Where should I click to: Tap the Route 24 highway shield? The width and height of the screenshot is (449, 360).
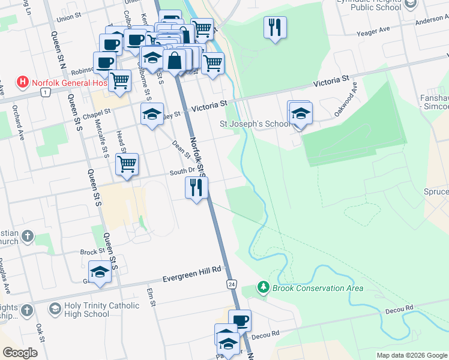pyautogui.click(x=231, y=283)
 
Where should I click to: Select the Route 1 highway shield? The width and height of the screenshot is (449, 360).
pyautogui.click(x=45, y=92)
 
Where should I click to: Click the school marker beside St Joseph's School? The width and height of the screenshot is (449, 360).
pyautogui.click(x=301, y=112)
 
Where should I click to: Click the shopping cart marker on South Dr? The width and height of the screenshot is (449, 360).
pyautogui.click(x=127, y=164)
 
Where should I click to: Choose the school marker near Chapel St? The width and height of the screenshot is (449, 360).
pyautogui.click(x=152, y=113)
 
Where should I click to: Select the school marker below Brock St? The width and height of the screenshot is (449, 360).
pyautogui.click(x=100, y=272)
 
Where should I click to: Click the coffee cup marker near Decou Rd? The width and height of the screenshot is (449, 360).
pyautogui.click(x=240, y=320)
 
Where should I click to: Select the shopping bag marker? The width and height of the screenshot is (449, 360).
pyautogui.click(x=174, y=61)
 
